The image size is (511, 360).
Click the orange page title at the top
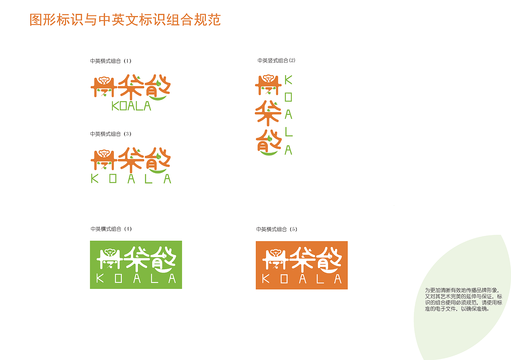125,20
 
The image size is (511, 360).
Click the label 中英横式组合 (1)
111,61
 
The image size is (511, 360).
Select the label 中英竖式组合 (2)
276,61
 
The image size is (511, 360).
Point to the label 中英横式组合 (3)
111,134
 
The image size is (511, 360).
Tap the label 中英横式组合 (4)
111,229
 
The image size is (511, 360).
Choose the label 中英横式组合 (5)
277,229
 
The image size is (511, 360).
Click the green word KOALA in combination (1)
131,106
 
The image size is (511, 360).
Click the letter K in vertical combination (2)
288,80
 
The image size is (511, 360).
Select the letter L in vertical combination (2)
289,132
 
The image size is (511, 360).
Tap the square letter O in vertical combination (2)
288,97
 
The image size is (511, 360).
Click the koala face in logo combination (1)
104,80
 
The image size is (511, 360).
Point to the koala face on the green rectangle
110,252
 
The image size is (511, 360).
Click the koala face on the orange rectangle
276,252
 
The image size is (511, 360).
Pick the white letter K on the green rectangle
100,278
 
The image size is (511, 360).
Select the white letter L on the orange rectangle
320,279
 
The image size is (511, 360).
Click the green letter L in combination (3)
149,179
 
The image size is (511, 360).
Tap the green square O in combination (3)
113,179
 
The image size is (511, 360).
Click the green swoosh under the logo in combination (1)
158,98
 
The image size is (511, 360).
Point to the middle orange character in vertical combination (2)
268,113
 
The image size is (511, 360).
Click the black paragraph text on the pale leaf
464,299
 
